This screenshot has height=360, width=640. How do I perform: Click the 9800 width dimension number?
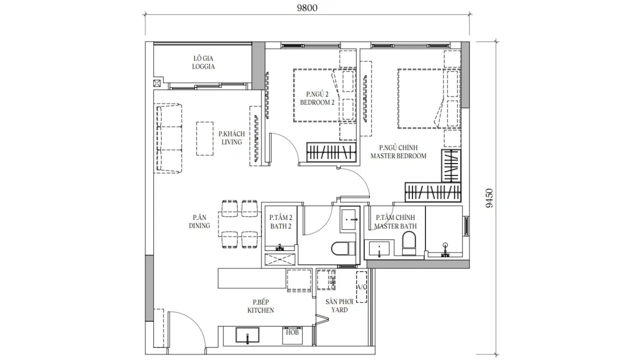point(307,8)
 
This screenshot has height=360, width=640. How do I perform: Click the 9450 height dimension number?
point(489,198)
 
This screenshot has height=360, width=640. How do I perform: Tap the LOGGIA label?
point(203,66)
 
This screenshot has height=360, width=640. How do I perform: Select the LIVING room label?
point(231,142)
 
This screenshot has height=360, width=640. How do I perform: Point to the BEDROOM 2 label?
point(317,102)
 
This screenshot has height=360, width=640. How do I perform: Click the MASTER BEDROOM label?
point(398,156)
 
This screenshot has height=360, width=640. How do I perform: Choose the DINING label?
point(199,225)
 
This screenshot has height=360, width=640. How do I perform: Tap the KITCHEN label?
point(260,310)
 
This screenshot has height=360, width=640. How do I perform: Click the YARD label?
point(339,310)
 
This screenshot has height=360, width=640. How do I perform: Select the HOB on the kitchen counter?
point(292,335)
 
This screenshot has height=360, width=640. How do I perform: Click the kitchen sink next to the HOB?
point(247,335)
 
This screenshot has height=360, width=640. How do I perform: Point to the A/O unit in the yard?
point(361,287)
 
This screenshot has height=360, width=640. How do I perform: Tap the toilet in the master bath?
point(409,243)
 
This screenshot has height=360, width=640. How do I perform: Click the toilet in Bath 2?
point(343,249)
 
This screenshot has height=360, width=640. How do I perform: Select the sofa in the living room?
point(169,138)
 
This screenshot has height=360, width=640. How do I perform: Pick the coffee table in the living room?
point(205,139)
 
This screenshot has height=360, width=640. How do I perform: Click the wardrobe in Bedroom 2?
point(331,152)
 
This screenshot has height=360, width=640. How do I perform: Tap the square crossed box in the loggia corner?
point(157,83)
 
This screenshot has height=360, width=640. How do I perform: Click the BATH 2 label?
point(281,226)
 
